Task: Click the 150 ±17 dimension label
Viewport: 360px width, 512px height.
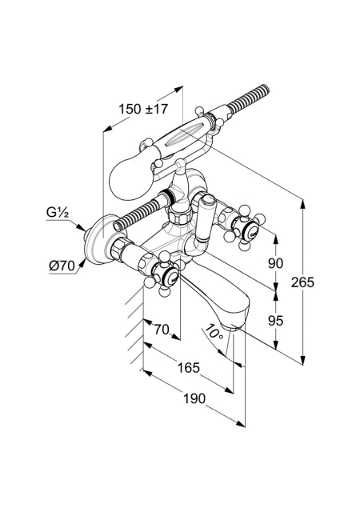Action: coord(142,109)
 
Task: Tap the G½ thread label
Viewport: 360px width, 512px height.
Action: coord(57,213)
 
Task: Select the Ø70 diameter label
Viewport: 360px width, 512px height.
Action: coord(62,266)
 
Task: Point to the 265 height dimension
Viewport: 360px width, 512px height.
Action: coord(302,282)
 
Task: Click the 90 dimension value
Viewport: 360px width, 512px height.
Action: coord(275,263)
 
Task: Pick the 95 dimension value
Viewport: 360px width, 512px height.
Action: coord(275,322)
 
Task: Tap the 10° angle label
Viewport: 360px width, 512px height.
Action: coord(214,333)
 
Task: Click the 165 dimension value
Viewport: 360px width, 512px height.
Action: coord(188,368)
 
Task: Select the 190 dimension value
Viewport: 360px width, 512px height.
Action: coord(194,398)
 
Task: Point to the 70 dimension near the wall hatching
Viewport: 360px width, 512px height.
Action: coord(162,330)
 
